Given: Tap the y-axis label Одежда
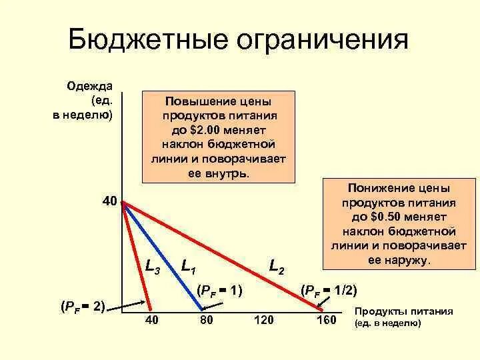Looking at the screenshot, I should (89, 86).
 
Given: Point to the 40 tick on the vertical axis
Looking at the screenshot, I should (110, 201).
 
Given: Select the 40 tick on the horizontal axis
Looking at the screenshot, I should (152, 321).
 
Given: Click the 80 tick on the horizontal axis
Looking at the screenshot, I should (206, 321).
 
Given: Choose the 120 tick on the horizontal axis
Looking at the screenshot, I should (264, 321).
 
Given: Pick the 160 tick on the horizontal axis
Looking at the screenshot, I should (327, 321).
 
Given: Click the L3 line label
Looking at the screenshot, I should (153, 265).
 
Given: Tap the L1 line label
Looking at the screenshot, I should (189, 265).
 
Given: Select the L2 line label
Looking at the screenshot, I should (277, 265).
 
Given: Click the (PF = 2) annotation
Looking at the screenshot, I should (83, 306).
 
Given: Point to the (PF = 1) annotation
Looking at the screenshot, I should (219, 290).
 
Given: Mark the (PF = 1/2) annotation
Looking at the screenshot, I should (329, 290).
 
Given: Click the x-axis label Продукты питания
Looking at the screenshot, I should (404, 311).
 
